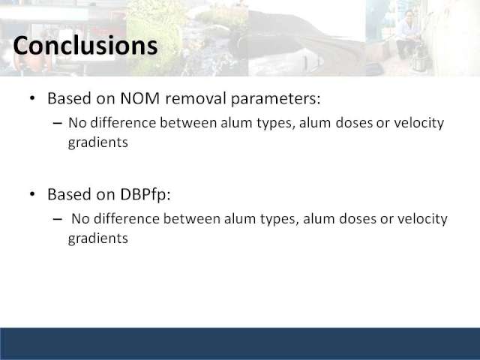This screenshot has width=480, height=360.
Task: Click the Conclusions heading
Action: click(x=85, y=46)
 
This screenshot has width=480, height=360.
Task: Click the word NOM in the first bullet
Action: click(x=140, y=98)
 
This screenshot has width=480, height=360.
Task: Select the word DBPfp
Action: click(x=145, y=195)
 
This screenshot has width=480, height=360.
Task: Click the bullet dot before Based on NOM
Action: click(x=32, y=98)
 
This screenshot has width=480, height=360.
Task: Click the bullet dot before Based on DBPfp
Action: click(x=32, y=194)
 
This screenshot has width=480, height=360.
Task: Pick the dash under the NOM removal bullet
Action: click(x=57, y=123)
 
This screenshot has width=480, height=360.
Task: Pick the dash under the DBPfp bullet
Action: click(x=57, y=219)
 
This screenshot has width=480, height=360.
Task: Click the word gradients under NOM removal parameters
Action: click(x=98, y=142)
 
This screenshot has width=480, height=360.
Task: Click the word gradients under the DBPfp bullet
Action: click(x=98, y=238)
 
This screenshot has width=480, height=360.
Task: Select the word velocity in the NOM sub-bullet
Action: click(x=418, y=123)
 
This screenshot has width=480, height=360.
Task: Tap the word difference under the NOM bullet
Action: click(x=123, y=123)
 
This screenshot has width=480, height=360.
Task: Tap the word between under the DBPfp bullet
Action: click(x=192, y=219)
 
